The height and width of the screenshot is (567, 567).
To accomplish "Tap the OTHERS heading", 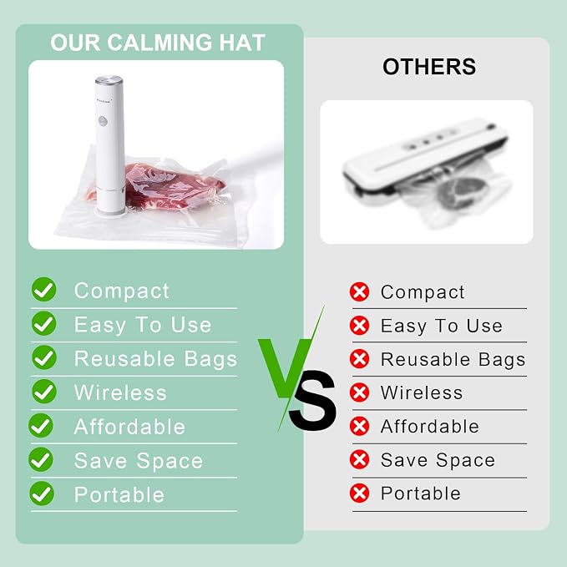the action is point(429,67).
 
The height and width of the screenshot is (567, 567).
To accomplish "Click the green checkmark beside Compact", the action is point(43,289).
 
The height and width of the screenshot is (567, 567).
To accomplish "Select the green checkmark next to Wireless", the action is point(44,392).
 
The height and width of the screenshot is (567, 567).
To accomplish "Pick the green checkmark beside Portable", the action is point(42,494).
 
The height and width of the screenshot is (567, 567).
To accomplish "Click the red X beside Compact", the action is point(359,291).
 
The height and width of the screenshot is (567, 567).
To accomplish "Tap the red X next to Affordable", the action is point(359,426).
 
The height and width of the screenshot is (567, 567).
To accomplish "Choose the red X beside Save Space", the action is point(359,459).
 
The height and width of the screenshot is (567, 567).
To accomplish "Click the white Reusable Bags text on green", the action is point(155,359).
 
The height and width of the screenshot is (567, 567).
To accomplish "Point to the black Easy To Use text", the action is point(442,327).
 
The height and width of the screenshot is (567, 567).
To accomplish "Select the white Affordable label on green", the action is point(129,427).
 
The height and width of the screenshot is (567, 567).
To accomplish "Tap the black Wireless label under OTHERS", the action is point(422,392).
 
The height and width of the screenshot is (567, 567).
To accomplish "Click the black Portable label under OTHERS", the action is point(421,494).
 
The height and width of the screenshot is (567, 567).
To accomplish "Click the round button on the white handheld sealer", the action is point(103,121).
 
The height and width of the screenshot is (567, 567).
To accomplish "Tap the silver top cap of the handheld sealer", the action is point(109,79).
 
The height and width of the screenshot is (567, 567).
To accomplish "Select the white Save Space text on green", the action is point(139,461).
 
